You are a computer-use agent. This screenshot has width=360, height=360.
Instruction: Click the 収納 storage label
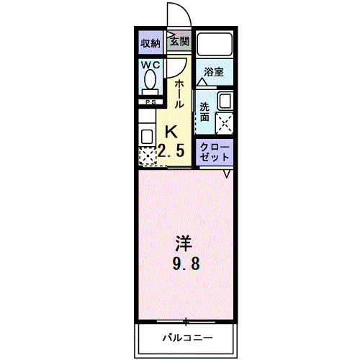[x=150, y=42]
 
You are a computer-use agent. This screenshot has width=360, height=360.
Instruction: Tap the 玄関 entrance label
[x=179, y=42]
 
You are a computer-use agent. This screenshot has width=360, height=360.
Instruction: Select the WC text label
[x=150, y=66]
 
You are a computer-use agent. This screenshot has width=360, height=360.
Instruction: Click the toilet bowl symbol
[x=150, y=83]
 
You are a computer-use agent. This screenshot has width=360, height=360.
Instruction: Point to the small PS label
[x=150, y=102]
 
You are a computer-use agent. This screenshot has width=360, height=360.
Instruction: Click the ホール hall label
[x=179, y=94]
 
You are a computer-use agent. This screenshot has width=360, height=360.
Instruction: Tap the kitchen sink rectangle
[x=147, y=134]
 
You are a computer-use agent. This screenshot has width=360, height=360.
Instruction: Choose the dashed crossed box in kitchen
[x=147, y=156]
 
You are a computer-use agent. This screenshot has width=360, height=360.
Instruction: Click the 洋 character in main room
[x=185, y=242]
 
